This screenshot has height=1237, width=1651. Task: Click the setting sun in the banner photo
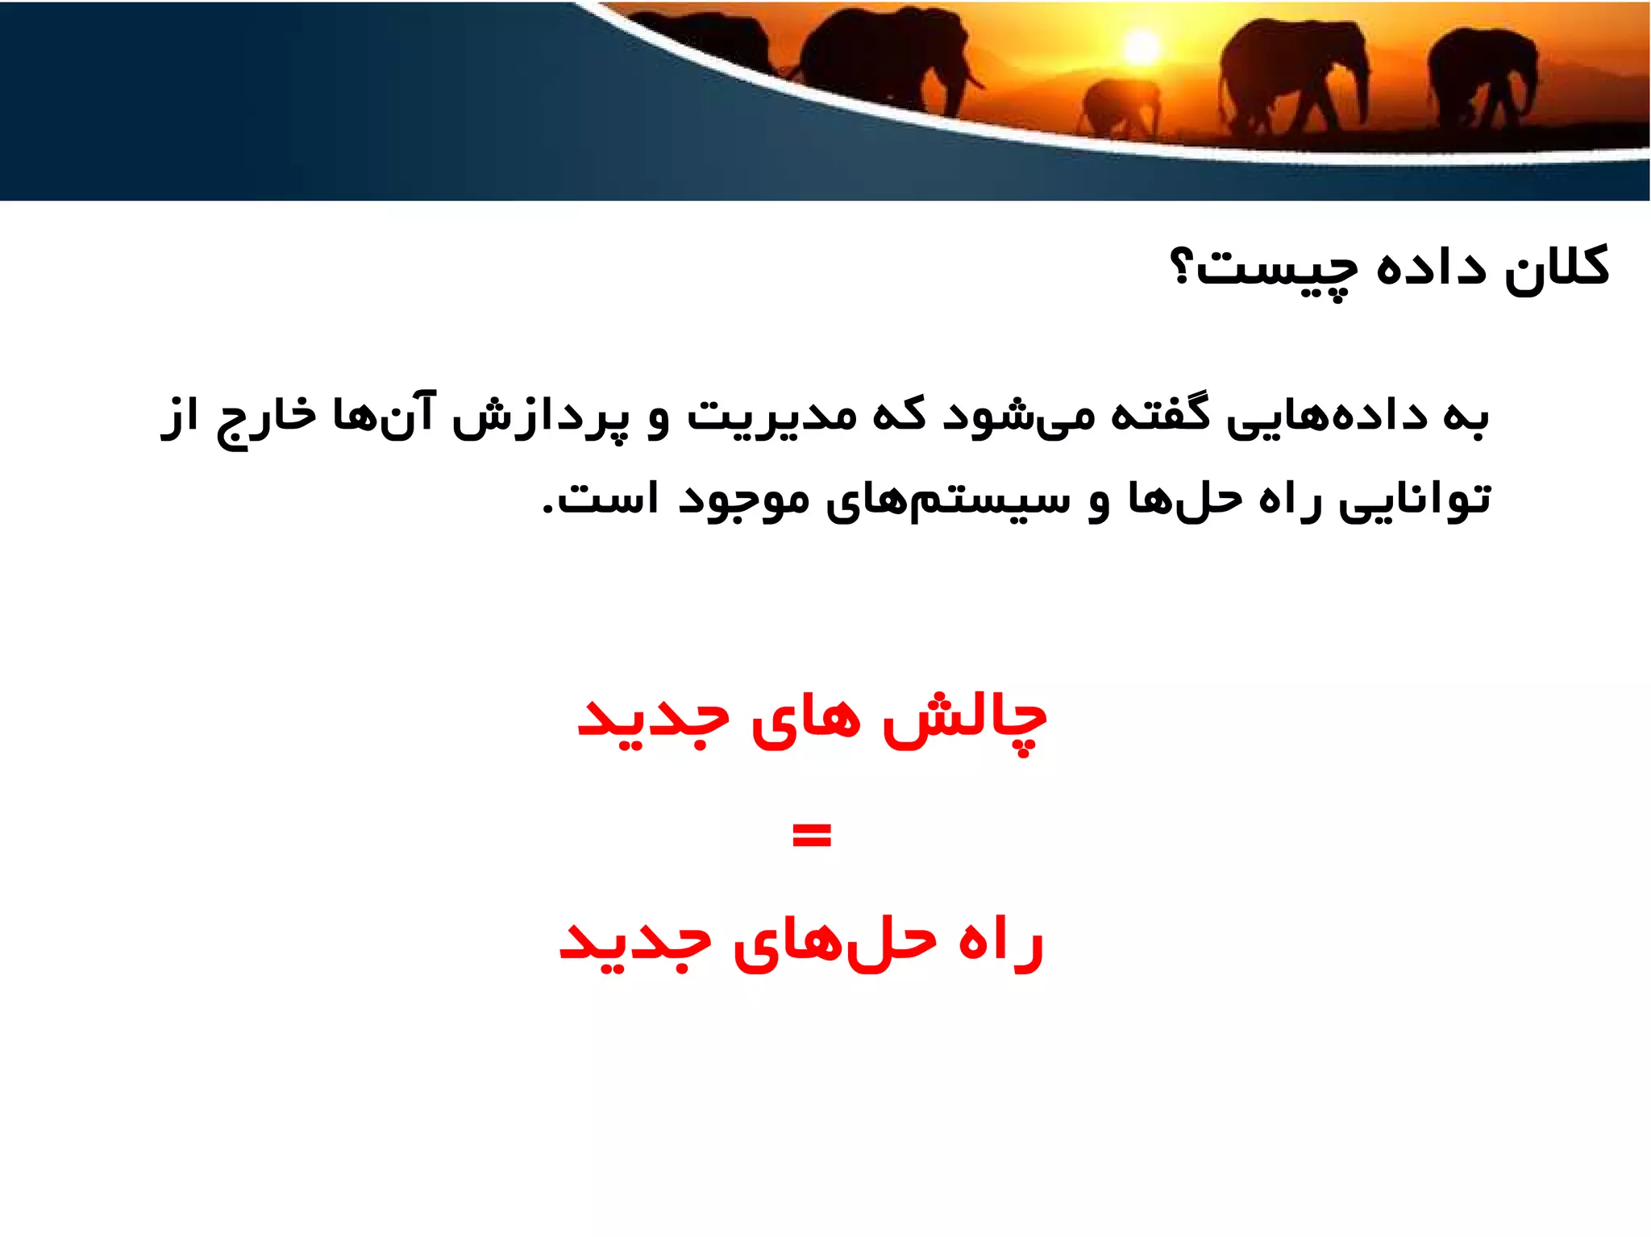pyautogui.click(x=1142, y=48)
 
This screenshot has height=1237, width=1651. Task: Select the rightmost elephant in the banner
pyautogui.click(x=1482, y=77)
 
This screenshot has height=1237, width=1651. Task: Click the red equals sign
pyautogui.click(x=811, y=836)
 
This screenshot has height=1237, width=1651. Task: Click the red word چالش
pyautogui.click(x=964, y=719)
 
